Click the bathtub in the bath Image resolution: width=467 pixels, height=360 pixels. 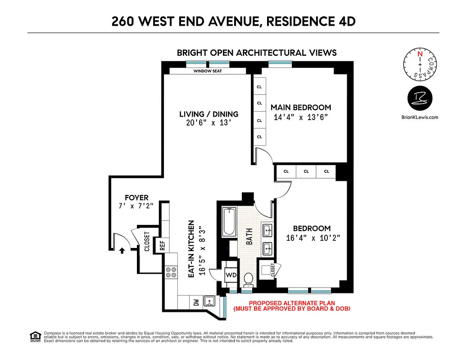pos(229,222)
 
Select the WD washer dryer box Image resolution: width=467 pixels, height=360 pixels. pos(231,274)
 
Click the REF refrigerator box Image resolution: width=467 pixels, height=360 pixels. pos(163,245)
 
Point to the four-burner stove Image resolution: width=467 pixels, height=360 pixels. pos(171,272)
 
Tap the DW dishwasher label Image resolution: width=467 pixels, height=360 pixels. pos(196,302)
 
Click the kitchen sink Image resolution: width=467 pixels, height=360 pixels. pos(209,301)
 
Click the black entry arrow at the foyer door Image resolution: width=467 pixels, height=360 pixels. pos(122,251)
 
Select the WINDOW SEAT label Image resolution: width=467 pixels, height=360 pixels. pos(208,71)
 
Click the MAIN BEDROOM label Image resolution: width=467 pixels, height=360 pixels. pos(300,108)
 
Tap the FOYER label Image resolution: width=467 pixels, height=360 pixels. pos(136,198)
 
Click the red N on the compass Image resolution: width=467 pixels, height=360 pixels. pos(420,54)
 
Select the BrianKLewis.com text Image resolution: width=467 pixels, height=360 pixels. pos(420,117)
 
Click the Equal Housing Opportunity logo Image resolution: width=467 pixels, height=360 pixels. pos(34,336)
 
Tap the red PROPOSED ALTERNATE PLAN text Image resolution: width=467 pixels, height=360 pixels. pos(291,303)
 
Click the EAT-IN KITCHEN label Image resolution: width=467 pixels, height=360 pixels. pos(191,248)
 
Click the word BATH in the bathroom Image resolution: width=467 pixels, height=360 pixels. pos(249,236)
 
